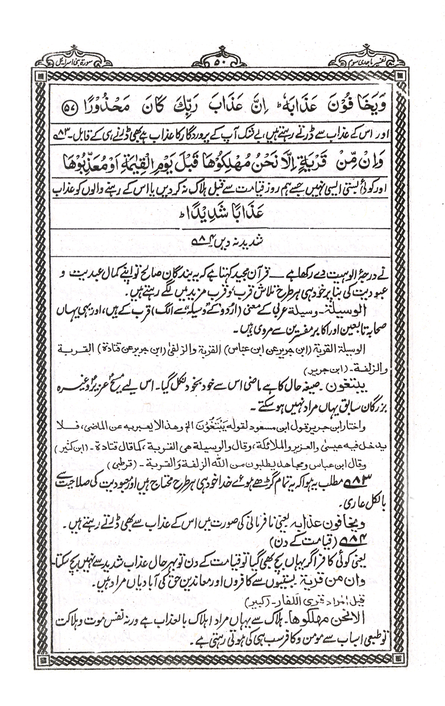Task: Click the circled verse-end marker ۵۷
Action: point(70,107)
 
